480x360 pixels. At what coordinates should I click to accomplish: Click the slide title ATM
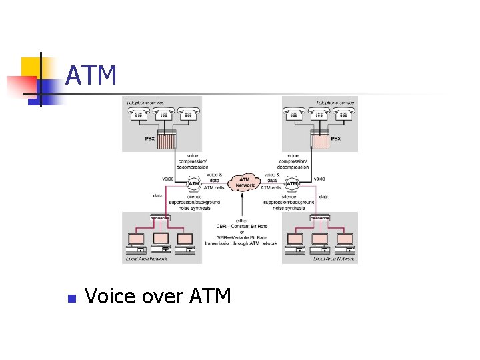91,76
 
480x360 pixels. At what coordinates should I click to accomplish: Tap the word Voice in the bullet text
110,295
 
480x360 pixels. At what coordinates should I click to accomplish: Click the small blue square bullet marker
72,297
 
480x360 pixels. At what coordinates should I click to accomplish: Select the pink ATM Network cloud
244,181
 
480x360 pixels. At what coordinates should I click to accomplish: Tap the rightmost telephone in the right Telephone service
344,114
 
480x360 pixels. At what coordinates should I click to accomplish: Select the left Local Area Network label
146,259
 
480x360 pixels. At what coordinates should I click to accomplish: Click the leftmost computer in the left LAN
136,241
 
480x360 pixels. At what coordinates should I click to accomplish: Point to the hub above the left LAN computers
160,218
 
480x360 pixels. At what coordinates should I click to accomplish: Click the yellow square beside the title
31,67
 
